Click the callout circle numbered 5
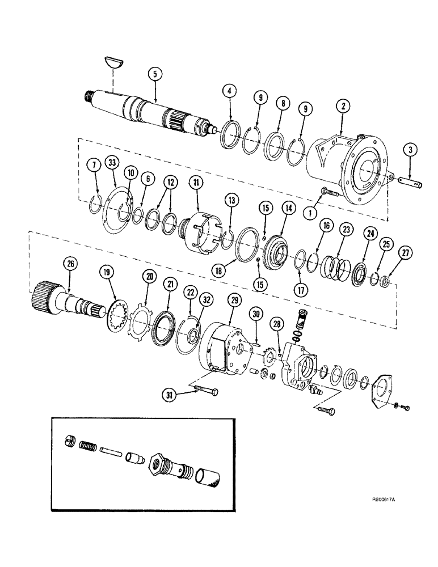tap(151, 73)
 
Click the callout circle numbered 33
tap(114, 164)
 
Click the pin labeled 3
tap(410, 184)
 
